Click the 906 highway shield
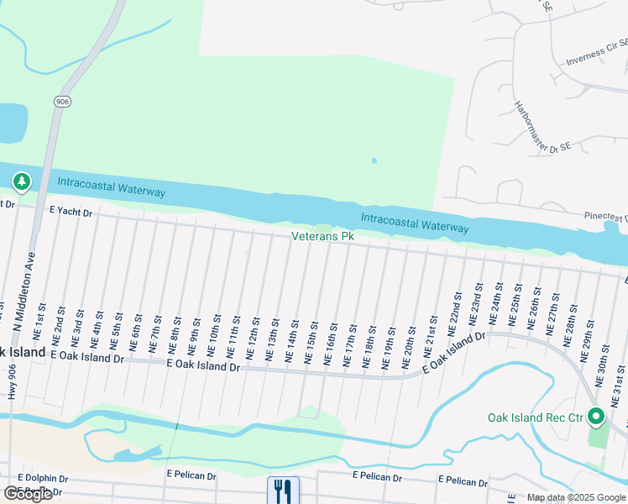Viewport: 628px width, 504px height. (63, 102)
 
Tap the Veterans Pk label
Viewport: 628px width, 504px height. (322, 237)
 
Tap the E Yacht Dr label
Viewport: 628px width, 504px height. (71, 213)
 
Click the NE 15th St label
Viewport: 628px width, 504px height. (312, 342)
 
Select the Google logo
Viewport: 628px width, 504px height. (27, 494)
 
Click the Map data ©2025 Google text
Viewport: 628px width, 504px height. (576, 497)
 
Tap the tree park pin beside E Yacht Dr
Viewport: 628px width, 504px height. (21, 181)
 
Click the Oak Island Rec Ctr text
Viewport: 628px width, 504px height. (535, 417)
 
